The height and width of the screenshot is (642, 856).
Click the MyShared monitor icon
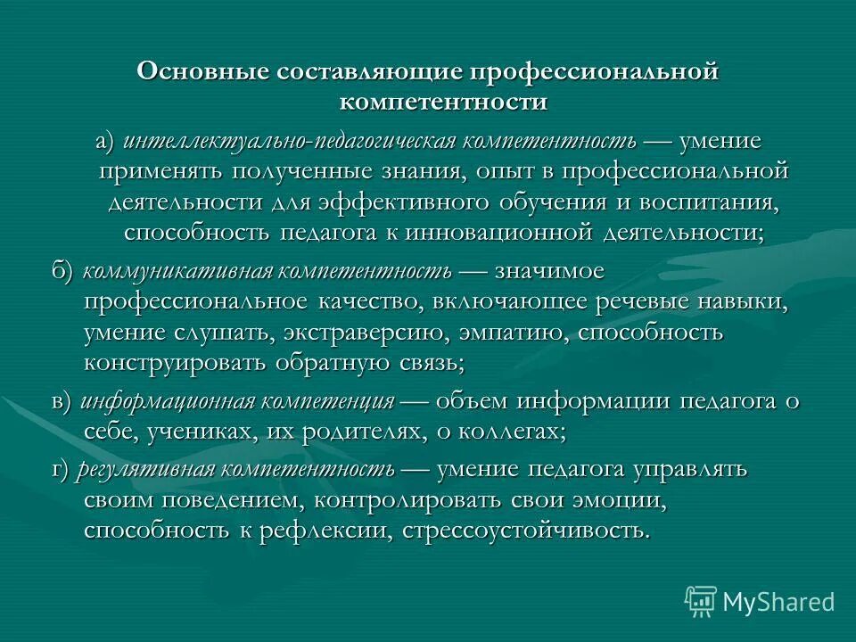coord(701,600)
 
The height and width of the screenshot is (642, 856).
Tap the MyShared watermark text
coord(778,602)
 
